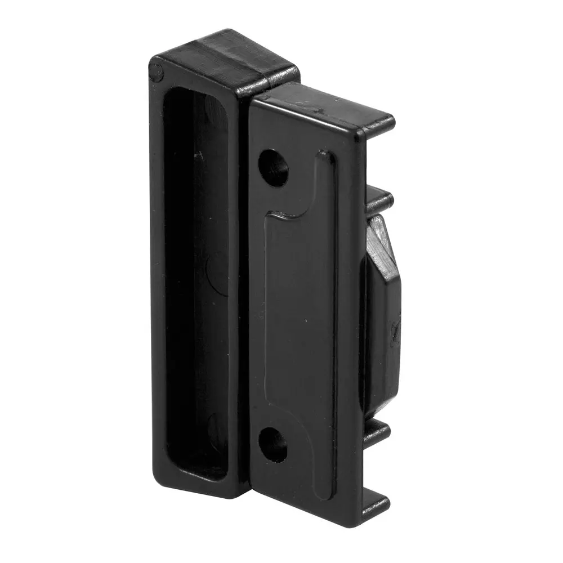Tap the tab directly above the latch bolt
(378, 198)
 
